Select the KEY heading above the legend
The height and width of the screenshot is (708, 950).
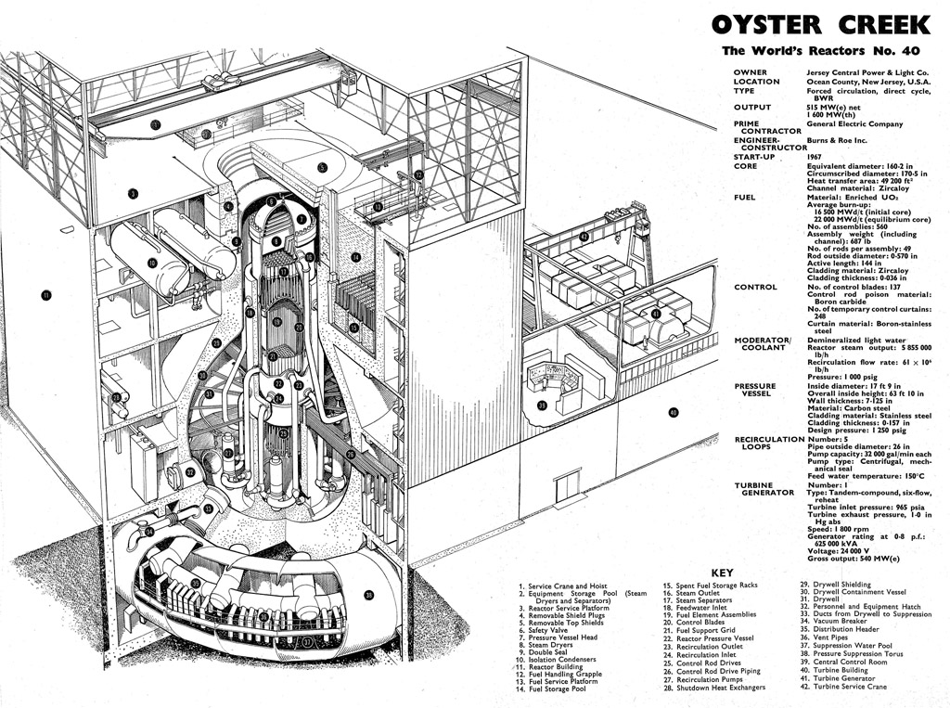pos(722,573)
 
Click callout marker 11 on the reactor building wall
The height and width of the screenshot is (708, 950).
pos(45,296)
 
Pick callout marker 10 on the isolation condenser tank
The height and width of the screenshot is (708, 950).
pos(152,263)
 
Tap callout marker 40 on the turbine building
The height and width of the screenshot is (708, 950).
pos(674,412)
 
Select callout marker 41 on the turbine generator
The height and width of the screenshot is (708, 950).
pos(655,314)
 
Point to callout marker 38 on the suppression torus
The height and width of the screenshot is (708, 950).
pos(368,595)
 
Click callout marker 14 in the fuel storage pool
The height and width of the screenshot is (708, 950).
pos(355,257)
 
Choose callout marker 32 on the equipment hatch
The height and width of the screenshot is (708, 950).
pos(190,472)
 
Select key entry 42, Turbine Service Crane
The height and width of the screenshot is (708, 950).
pos(842,687)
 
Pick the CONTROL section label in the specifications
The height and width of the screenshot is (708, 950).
pos(755,287)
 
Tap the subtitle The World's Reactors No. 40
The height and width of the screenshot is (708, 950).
pos(821,52)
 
